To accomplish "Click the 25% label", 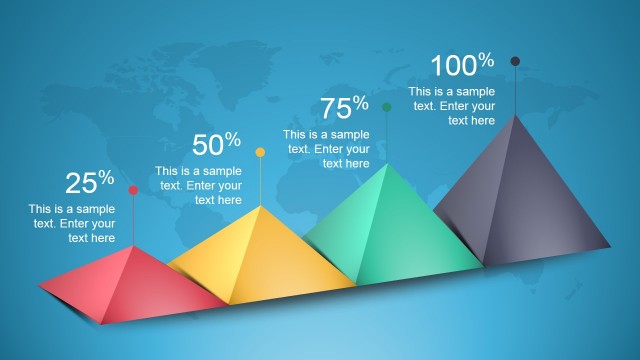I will tap(90, 182).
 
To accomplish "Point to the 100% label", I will tap(462, 66).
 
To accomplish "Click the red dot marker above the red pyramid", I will tap(133, 190).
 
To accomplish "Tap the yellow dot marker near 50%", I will tap(260, 152).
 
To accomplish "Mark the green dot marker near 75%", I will tap(387, 106).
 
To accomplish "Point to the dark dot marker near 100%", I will tap(515, 61).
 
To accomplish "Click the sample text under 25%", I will tap(73, 224).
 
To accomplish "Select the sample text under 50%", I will tap(200, 185).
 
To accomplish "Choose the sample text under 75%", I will tap(327, 148).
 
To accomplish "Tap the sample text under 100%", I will tap(453, 106).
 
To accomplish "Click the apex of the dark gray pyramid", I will tap(516, 115).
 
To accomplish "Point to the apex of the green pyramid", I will tap(387, 163).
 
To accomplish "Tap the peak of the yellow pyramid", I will tap(260, 206).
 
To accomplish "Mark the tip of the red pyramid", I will tap(133, 246).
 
